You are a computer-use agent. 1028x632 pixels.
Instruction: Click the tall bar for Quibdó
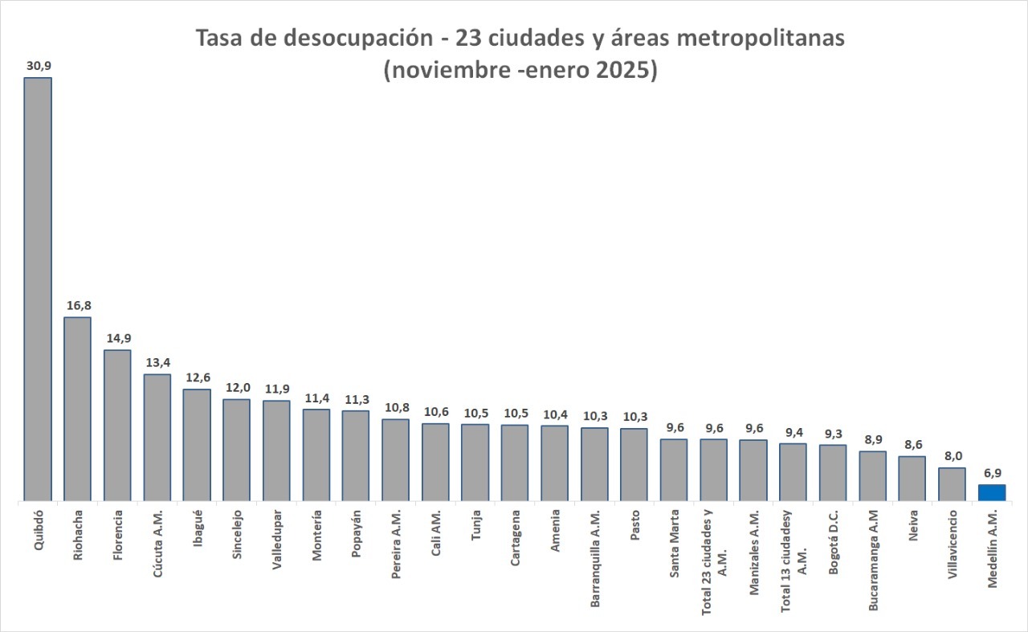(x=38, y=289)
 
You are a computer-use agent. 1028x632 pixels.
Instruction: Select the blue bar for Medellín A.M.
(x=992, y=492)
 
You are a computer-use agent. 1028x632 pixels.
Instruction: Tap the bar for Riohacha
(x=77, y=409)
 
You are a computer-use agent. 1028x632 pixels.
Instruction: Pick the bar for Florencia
(x=117, y=425)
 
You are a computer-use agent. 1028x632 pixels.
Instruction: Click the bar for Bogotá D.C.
(x=833, y=472)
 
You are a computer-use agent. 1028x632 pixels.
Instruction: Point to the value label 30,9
(x=38, y=65)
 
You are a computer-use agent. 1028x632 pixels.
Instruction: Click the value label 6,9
(x=992, y=472)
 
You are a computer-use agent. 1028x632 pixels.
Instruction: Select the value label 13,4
(x=157, y=362)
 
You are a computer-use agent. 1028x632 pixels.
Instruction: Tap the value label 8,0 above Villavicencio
(x=952, y=455)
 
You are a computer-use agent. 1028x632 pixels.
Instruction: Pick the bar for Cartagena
(x=515, y=463)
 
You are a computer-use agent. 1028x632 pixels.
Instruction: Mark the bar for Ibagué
(x=197, y=445)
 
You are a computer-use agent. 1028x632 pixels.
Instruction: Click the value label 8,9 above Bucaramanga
(x=872, y=439)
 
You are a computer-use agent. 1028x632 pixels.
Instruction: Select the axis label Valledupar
(x=276, y=538)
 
